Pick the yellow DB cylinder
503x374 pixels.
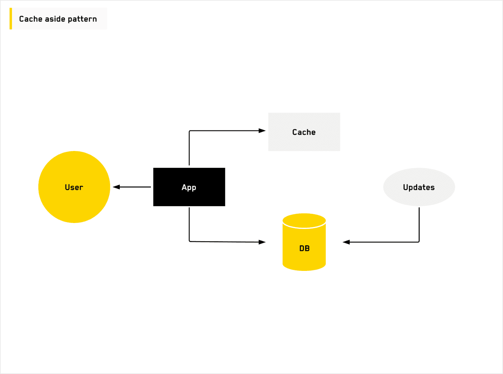click(304, 260)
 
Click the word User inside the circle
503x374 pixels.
click(74, 187)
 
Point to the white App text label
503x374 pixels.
click(189, 187)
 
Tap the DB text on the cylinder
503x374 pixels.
click(304, 249)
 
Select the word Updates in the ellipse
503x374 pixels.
click(419, 187)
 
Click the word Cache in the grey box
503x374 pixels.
click(304, 132)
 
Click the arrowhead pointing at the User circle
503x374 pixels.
click(116, 187)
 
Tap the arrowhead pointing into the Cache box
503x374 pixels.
click(262, 131)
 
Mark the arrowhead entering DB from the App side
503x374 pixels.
click(262, 242)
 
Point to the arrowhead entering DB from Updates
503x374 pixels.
click(346, 242)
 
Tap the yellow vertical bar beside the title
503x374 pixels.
click(11, 19)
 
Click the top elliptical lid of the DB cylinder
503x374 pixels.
click(304, 220)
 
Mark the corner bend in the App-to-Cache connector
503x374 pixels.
click(189, 131)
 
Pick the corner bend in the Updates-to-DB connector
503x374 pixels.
click(419, 242)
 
